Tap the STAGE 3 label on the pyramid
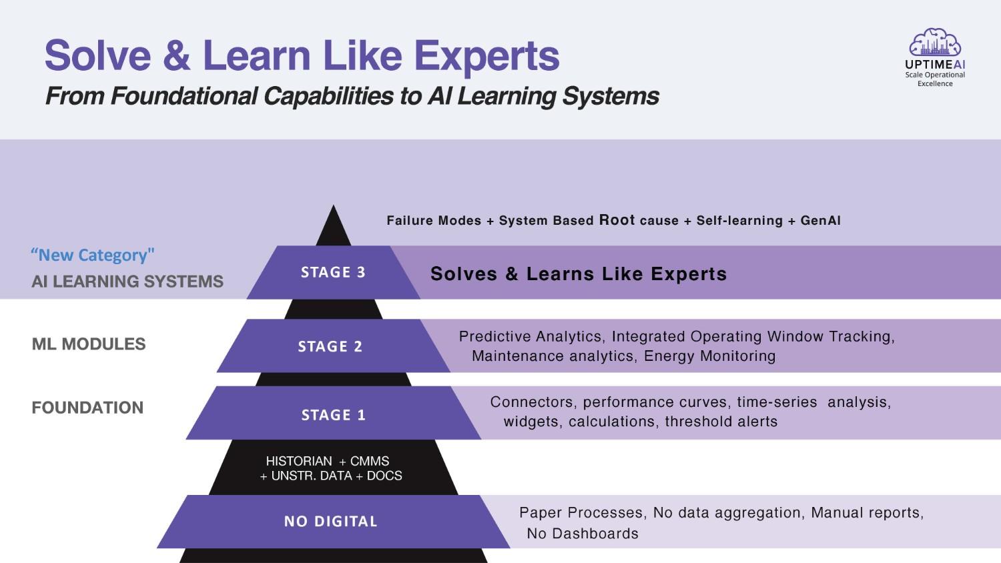coord(334,272)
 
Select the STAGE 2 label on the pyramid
coord(330,346)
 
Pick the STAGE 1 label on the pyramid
coord(334,415)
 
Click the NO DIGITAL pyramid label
coord(331,521)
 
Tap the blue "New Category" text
coord(93,255)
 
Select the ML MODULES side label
coord(89,344)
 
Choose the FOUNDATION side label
coord(87,408)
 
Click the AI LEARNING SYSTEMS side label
coord(127,281)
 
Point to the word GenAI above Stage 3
coord(820,220)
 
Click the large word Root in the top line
coord(617,219)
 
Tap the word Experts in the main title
coord(486,56)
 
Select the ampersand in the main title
coord(177,55)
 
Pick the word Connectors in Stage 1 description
coord(532,402)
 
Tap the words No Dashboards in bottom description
coord(583,533)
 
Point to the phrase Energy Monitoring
coord(709,356)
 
